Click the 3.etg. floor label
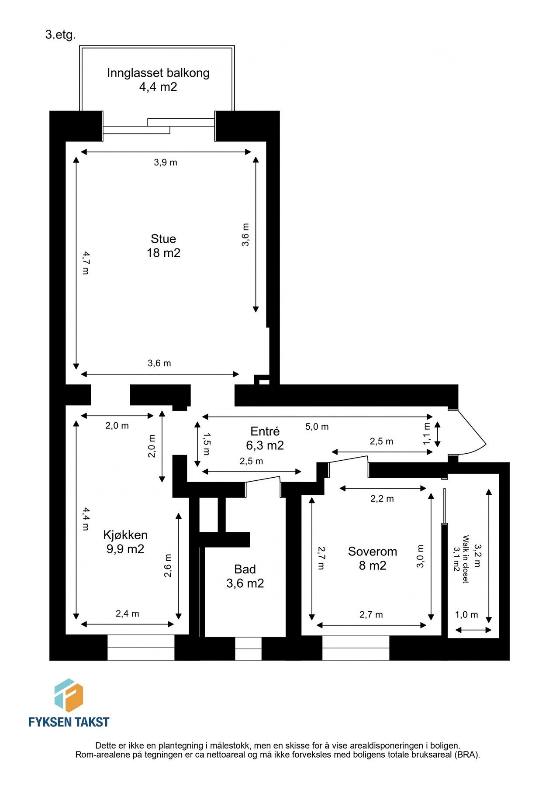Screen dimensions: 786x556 click(60, 35)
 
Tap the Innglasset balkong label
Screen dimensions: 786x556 click(158, 79)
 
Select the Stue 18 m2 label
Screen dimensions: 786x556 click(163, 245)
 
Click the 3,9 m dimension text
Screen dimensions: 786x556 click(166, 162)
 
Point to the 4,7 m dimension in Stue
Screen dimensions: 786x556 click(86, 262)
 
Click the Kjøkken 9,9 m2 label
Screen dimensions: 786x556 click(125, 541)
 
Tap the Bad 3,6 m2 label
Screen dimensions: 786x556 click(245, 576)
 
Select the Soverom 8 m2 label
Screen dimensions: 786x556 click(373, 558)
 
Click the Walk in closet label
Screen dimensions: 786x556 click(461, 559)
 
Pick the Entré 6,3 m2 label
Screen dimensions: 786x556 click(265, 438)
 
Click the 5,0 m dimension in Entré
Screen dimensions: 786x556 click(317, 427)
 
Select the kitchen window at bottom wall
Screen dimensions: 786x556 click(141, 647)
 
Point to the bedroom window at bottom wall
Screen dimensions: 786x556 click(356, 648)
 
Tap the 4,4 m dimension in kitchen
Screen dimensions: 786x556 click(86, 518)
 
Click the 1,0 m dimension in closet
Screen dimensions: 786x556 click(466, 615)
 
